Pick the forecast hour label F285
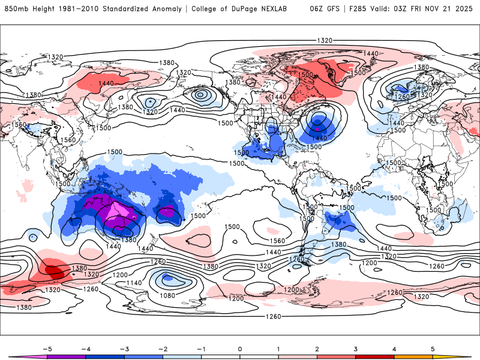point(360,8)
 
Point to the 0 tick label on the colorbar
point(239,348)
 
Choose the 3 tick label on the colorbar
point(355,348)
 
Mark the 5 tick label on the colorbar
point(433,348)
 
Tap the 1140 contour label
point(134,283)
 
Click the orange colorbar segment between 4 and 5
point(413,356)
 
